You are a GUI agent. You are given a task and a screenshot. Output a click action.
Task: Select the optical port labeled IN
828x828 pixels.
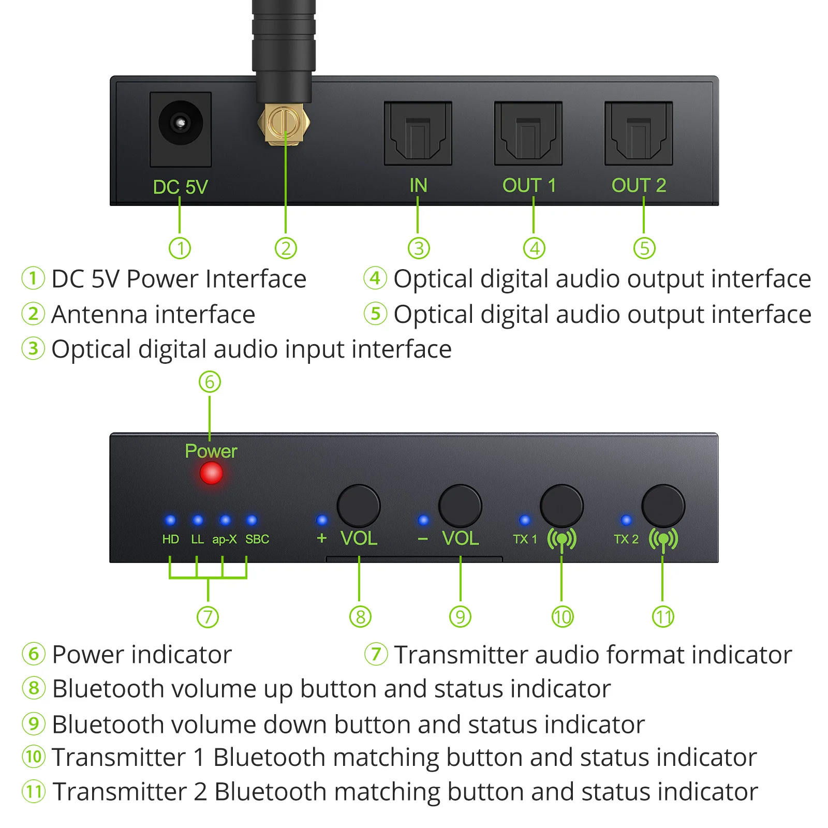[418, 134]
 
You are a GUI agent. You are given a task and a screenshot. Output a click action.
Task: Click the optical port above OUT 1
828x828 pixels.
[528, 134]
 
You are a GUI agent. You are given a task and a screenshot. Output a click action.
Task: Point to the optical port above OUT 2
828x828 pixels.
[639, 134]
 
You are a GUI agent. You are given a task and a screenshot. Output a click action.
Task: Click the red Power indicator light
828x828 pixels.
[211, 473]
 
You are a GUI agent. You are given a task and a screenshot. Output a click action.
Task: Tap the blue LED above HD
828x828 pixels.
[170, 520]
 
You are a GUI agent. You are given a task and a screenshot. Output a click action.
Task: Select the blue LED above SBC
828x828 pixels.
[252, 520]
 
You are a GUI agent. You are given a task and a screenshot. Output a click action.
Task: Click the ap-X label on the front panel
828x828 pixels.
[225, 539]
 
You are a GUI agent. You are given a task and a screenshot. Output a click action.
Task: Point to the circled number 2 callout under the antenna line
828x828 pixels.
[286, 248]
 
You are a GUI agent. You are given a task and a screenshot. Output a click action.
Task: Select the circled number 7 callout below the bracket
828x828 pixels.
[208, 617]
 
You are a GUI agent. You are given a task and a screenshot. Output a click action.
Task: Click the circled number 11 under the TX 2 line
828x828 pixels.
[663, 617]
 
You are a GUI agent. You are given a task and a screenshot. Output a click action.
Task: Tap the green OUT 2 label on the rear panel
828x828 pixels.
[639, 185]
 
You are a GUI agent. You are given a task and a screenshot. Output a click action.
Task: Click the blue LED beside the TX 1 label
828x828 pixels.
[525, 520]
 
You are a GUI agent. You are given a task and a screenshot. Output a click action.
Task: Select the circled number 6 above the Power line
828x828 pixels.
[210, 382]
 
